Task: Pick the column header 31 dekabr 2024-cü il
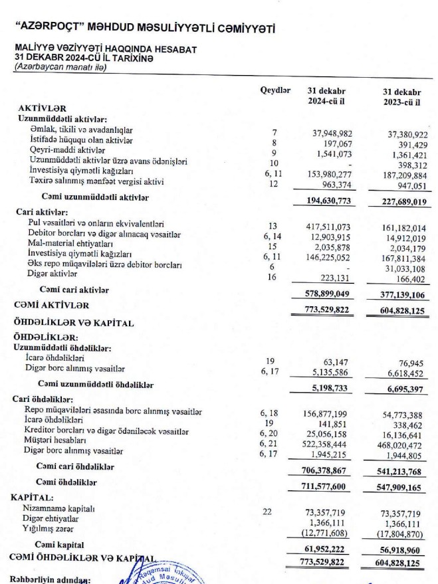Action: click(x=326, y=97)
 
